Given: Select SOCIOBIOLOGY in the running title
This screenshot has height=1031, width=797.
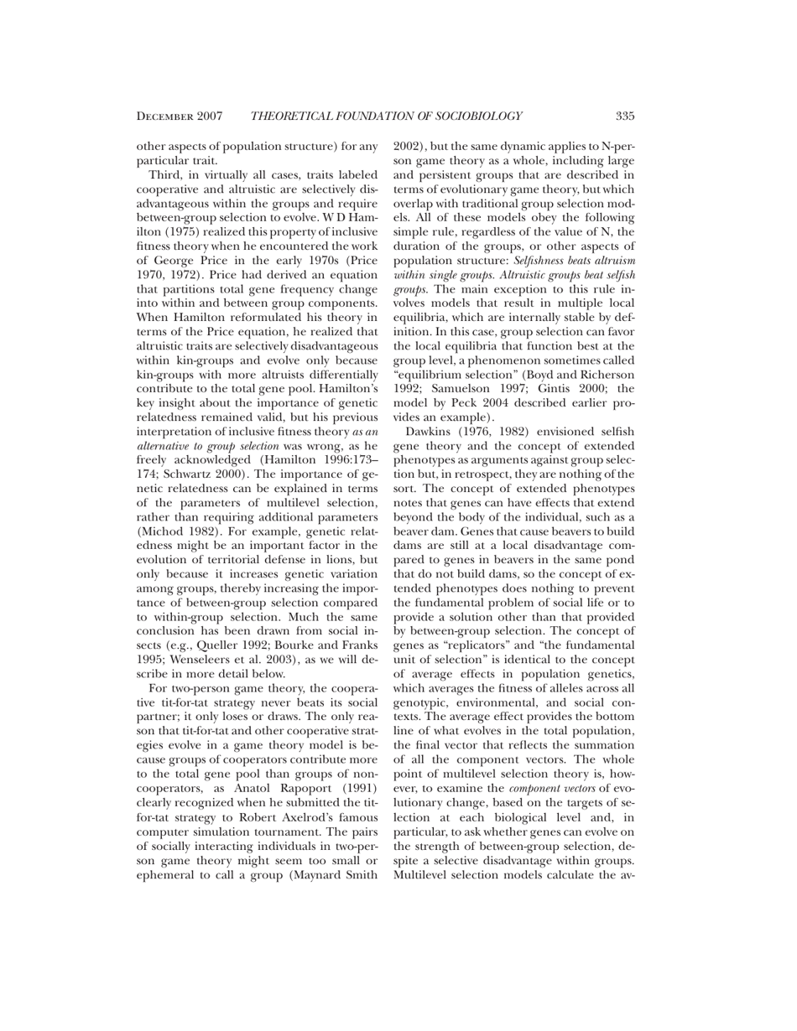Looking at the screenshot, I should tap(479, 116).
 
